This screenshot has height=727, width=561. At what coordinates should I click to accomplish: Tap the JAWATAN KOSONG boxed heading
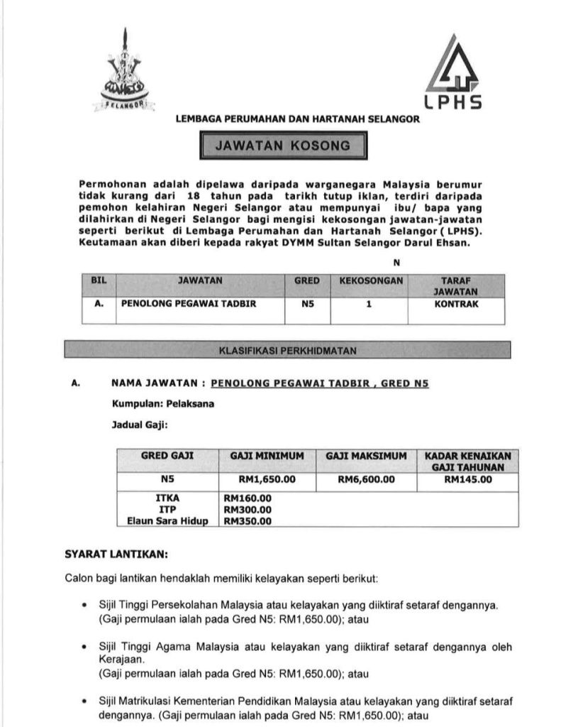(283, 146)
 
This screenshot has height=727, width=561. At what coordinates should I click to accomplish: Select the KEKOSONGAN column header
(371, 281)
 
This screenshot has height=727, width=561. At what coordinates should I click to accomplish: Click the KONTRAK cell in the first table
(456, 303)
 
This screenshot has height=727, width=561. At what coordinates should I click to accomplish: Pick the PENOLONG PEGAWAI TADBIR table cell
(189, 303)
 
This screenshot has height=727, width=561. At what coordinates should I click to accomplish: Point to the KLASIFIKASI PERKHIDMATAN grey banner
(288, 350)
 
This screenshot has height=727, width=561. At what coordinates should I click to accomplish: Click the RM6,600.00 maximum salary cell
(366, 479)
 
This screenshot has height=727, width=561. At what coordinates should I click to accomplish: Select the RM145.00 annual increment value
(467, 479)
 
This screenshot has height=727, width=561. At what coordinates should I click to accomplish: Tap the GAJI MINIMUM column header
(267, 456)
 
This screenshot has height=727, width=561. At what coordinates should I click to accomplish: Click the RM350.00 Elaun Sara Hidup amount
(248, 521)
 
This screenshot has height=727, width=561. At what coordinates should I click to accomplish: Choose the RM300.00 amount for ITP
(248, 510)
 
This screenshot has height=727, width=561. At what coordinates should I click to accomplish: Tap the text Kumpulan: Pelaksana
(163, 404)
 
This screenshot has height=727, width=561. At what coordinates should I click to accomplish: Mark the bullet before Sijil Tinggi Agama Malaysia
(84, 647)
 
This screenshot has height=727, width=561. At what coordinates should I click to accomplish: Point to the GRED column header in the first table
(307, 281)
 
